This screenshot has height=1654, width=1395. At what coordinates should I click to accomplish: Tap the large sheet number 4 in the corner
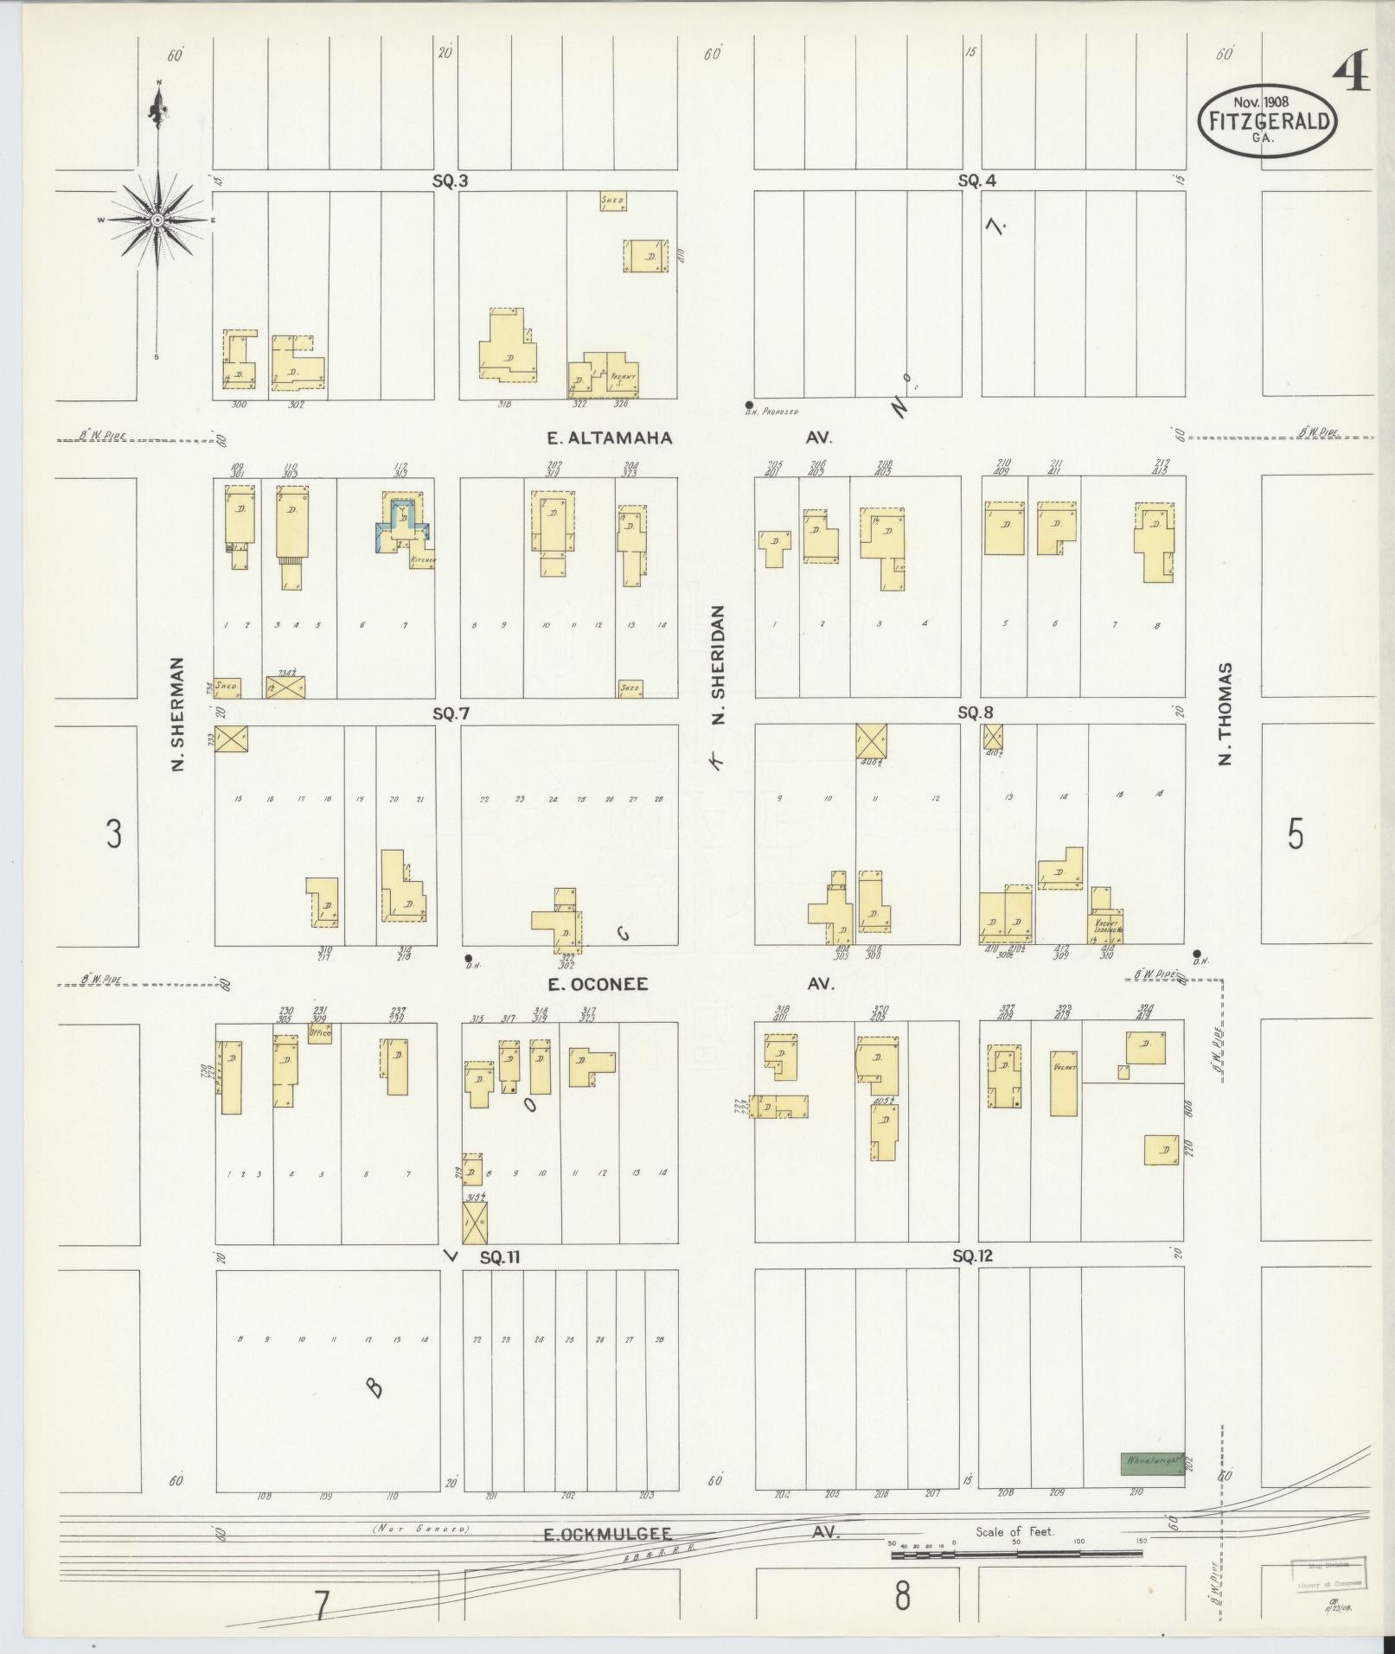[1351, 75]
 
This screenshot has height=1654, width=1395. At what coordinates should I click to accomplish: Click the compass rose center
[157, 220]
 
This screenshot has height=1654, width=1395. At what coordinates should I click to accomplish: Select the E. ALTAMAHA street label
[610, 438]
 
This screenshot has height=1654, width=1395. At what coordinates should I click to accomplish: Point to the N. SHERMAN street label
[178, 714]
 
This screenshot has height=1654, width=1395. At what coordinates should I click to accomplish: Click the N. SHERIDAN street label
[720, 664]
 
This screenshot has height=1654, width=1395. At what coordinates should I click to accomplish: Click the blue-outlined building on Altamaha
[400, 521]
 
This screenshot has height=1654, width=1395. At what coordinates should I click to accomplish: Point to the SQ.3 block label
[451, 182]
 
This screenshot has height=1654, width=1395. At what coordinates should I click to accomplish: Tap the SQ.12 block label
[972, 1256]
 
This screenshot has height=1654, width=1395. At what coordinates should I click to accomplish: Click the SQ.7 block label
[451, 714]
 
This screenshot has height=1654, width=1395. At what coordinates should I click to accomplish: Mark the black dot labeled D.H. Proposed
[749, 405]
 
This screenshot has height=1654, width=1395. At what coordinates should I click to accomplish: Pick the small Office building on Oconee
[320, 1032]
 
